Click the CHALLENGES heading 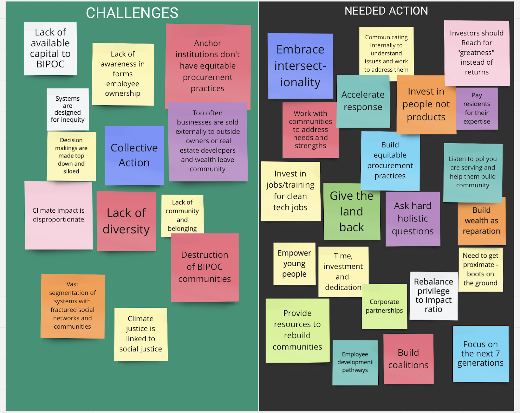(x=132, y=13)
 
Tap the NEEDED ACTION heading (x=386, y=11)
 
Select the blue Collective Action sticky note (x=134, y=155)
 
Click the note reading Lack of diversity (x=126, y=221)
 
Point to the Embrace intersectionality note (x=300, y=66)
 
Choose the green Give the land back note (x=352, y=211)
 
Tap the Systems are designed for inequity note (x=68, y=109)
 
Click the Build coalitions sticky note (x=408, y=359)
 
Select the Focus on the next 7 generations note (x=480, y=354)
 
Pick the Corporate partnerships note (x=384, y=306)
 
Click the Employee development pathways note (x=355, y=362)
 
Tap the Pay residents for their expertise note (x=476, y=108)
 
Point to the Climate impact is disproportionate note (x=58, y=215)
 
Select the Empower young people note (x=294, y=263)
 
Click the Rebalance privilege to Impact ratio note (x=433, y=295)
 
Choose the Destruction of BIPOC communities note (x=205, y=267)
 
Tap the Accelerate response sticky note (x=363, y=101)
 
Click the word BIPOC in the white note (x=50, y=64)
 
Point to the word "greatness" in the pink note (x=476, y=53)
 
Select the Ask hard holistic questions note (x=413, y=219)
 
